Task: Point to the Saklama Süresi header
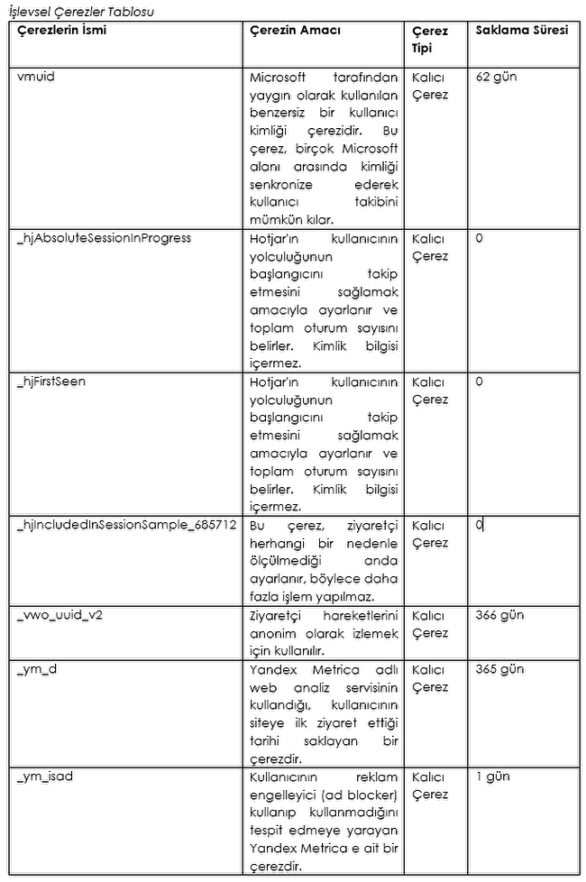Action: point(523,30)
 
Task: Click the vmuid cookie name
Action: point(35,77)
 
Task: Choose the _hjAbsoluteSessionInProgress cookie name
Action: point(104,238)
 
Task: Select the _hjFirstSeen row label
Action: point(51,381)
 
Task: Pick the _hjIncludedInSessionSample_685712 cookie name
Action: point(126,525)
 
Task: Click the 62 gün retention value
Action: point(496,77)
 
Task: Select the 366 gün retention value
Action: point(499,615)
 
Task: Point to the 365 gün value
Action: point(499,669)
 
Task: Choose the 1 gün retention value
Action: point(491,776)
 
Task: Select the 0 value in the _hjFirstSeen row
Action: point(480,381)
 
